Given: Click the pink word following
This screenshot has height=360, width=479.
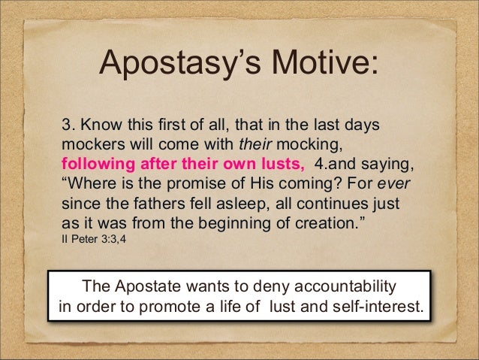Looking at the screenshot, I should tap(94, 163).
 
